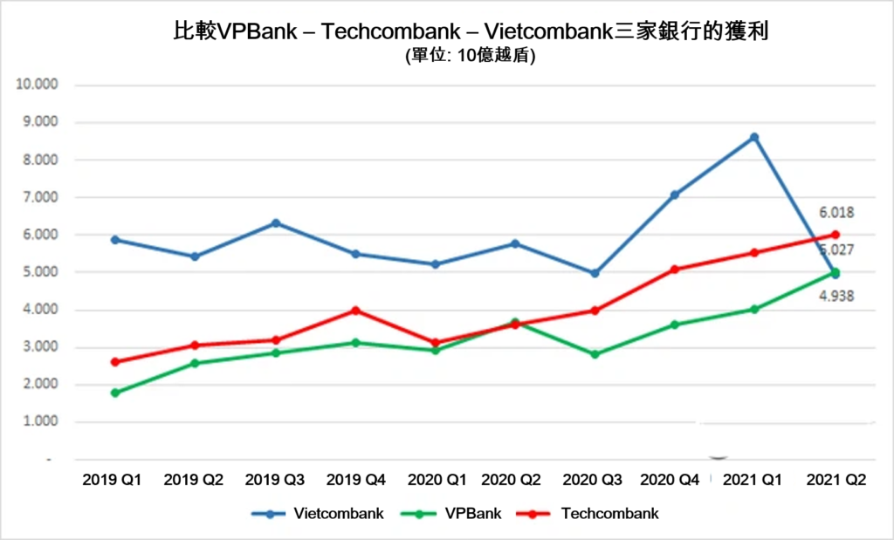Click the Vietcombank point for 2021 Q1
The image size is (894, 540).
(x=754, y=137)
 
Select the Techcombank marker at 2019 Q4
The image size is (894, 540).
(x=355, y=311)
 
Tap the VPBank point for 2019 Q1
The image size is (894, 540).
(x=115, y=393)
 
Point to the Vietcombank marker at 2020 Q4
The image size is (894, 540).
(x=675, y=195)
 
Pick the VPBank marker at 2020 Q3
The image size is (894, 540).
(x=595, y=354)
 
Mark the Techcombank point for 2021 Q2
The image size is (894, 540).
(x=835, y=234)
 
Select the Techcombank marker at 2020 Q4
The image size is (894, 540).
(x=675, y=270)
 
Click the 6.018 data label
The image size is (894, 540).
(x=836, y=212)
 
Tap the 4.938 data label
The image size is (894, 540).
(x=836, y=296)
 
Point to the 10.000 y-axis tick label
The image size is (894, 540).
(x=36, y=85)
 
